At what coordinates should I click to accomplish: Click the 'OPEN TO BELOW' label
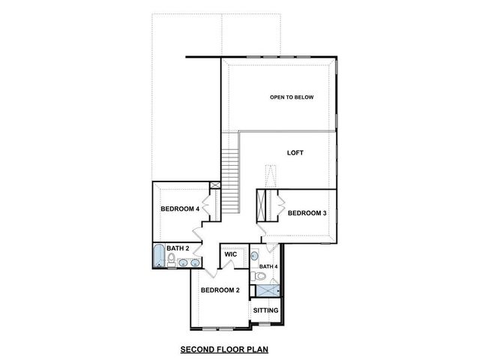tap(292, 97)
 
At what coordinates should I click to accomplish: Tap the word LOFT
tap(295, 152)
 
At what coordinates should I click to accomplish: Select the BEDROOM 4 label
tap(180, 209)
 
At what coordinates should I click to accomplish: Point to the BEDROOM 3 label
tap(307, 213)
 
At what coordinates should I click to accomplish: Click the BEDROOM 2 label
tap(219, 290)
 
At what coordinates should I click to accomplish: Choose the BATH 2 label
tap(177, 248)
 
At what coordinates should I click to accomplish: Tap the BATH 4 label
tap(268, 266)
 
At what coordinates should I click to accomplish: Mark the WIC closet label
tap(231, 255)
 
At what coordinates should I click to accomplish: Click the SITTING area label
tap(265, 310)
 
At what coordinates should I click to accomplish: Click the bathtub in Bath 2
tap(158, 256)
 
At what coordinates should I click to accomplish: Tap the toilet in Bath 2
tap(172, 261)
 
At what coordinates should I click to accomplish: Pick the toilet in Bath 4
tap(259, 277)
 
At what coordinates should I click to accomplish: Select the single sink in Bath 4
tap(255, 255)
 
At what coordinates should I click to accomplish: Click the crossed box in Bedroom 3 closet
tap(262, 204)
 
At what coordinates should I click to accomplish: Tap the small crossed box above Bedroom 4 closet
tap(216, 185)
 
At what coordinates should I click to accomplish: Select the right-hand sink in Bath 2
tap(194, 262)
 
